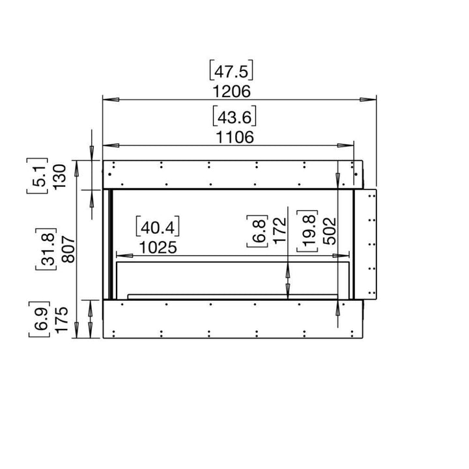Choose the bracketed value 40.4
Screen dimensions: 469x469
point(158,227)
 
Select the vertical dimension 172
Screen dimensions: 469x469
point(279,230)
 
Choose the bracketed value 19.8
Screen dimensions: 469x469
point(306,230)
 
